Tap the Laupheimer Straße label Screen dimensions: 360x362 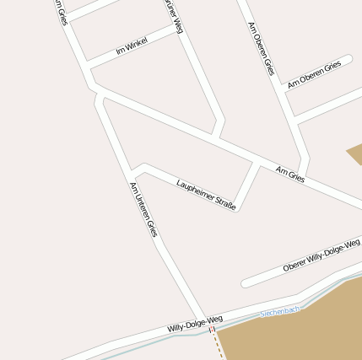[206, 193]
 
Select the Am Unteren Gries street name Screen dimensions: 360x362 [143, 210]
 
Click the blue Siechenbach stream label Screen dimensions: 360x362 [280, 311]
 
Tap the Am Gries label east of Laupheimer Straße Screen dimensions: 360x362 [289, 175]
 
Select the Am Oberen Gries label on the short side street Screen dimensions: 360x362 [314, 73]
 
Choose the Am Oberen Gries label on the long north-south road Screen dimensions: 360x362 [261, 48]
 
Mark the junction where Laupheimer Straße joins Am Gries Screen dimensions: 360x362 [257, 161]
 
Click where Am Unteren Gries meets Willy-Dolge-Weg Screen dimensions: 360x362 [204, 321]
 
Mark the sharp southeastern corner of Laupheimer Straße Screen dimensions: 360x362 [236, 208]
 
